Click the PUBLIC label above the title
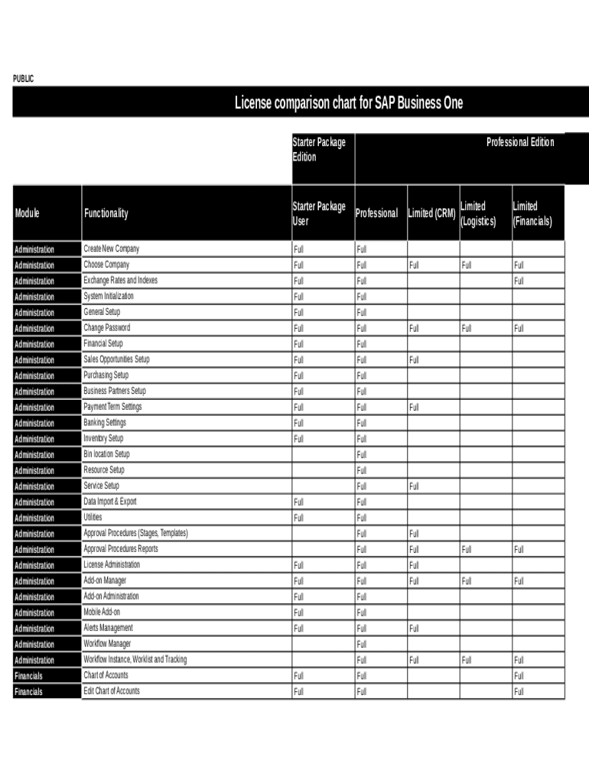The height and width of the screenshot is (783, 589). pyautogui.click(x=24, y=79)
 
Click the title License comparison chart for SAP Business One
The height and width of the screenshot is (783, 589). pyautogui.click(x=348, y=102)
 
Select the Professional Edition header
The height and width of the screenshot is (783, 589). pyautogui.click(x=520, y=142)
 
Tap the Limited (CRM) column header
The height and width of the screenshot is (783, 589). pyautogui.click(x=432, y=213)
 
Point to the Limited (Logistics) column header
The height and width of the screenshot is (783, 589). pyautogui.click(x=478, y=213)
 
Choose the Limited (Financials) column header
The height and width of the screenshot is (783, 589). pyautogui.click(x=532, y=213)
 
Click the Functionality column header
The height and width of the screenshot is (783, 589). pyautogui.click(x=106, y=213)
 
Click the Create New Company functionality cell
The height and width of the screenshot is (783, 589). pyautogui.click(x=112, y=249)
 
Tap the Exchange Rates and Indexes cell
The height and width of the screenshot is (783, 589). pyautogui.click(x=120, y=281)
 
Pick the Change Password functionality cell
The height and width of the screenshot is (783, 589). pyautogui.click(x=107, y=328)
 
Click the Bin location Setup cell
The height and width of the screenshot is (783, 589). pyautogui.click(x=107, y=454)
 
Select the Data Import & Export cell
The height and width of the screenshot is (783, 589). pyautogui.click(x=110, y=502)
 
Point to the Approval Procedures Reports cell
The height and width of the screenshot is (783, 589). pyautogui.click(x=121, y=549)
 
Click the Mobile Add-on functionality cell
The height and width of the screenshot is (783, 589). pyautogui.click(x=102, y=612)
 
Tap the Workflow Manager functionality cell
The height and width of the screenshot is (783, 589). pyautogui.click(x=107, y=644)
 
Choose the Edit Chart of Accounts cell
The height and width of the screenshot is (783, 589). pyautogui.click(x=112, y=691)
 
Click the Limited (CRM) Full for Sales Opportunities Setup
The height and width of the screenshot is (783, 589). pyautogui.click(x=414, y=359)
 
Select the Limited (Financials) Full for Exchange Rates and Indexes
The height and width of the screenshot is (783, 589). pyautogui.click(x=519, y=281)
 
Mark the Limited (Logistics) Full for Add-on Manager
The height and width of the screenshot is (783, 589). pyautogui.click(x=466, y=581)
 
